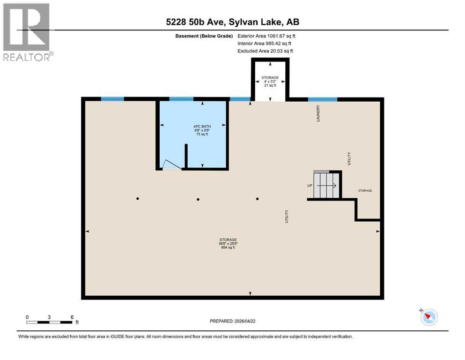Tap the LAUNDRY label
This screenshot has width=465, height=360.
(x=318, y=113)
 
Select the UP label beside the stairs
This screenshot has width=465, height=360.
(x=310, y=186)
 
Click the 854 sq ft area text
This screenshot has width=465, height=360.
(x=228, y=247)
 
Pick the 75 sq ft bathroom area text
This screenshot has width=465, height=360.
(x=202, y=135)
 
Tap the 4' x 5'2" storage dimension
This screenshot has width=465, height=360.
(x=270, y=81)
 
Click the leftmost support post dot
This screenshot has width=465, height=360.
(x=138, y=199)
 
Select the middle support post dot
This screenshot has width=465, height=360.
(x=198, y=199)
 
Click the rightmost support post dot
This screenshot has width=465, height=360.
(x=258, y=199)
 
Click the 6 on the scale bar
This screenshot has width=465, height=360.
(x=72, y=317)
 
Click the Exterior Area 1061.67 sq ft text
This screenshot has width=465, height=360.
(x=266, y=36)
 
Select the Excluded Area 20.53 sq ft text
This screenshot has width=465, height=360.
(x=266, y=51)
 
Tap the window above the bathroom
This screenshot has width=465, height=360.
(x=181, y=99)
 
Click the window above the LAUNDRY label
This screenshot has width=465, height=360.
(x=322, y=99)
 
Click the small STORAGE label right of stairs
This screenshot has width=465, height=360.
(x=365, y=191)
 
